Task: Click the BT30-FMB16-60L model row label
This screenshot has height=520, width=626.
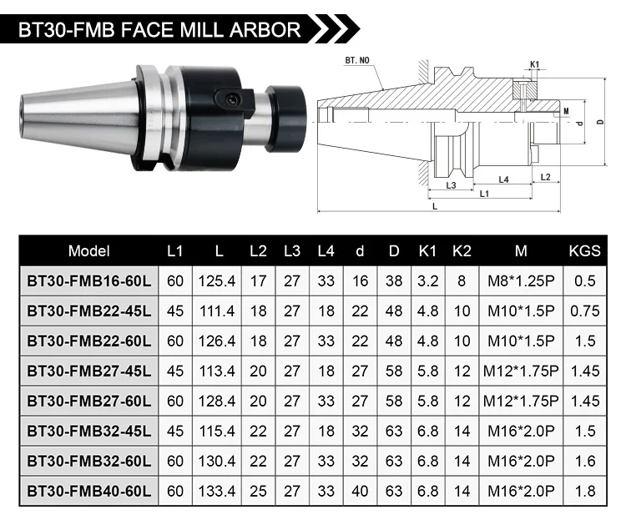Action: tap(89, 281)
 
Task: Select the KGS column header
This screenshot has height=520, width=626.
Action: tap(584, 250)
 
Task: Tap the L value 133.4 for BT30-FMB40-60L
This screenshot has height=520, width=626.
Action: tap(219, 492)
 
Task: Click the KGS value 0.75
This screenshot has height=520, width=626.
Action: tap(584, 311)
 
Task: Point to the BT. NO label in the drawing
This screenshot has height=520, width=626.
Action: tap(358, 62)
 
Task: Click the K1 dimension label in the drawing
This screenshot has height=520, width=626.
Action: tap(534, 63)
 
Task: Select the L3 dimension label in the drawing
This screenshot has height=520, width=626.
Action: tap(451, 185)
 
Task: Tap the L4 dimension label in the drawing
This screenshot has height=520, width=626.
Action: tap(504, 179)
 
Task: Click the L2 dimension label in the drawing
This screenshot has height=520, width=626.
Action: tap(545, 177)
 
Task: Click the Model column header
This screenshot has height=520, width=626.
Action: tap(89, 250)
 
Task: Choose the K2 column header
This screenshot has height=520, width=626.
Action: tap(461, 250)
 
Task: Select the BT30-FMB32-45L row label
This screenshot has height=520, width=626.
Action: tap(89, 432)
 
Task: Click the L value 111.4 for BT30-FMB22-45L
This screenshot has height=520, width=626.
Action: tap(219, 311)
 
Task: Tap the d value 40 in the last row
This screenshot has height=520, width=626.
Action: tap(360, 492)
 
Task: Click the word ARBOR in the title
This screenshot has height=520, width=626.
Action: tap(260, 30)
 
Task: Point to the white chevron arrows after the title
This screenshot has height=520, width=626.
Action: tap(335, 30)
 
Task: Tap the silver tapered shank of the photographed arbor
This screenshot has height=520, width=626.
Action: tap(67, 112)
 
